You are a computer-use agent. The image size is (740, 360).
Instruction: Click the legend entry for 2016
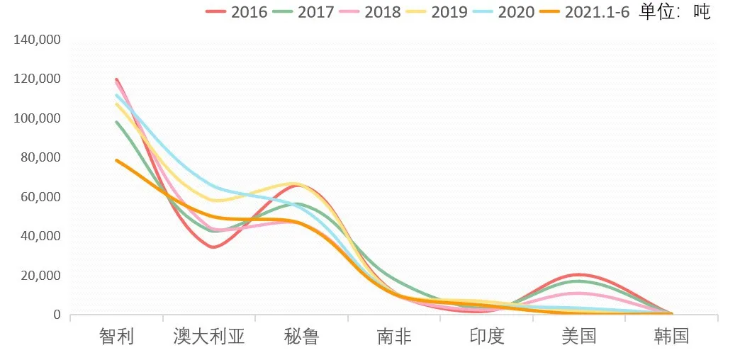[x=249, y=12]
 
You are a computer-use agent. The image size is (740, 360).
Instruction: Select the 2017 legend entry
[x=315, y=12]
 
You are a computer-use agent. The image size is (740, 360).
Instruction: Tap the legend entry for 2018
[x=382, y=12]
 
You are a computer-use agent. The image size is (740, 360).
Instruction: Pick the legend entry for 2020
[x=516, y=12]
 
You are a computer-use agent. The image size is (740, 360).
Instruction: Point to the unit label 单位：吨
[x=674, y=11]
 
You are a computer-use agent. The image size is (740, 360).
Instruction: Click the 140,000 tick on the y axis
[x=37, y=40]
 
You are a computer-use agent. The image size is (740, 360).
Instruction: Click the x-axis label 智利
[x=116, y=336]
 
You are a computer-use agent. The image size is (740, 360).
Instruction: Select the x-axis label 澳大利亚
[x=209, y=336]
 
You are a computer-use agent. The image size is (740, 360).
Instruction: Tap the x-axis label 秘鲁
[x=301, y=336]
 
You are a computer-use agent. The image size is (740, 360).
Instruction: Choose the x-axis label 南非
[x=394, y=336]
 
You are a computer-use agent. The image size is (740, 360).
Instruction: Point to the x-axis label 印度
[x=487, y=336]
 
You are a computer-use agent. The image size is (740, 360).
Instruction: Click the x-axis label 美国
[x=579, y=336]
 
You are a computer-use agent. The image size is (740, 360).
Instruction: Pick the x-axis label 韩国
[x=671, y=336]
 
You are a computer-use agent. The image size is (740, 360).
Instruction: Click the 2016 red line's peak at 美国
[x=579, y=274]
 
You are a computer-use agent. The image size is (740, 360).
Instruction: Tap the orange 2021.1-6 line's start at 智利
[x=116, y=160]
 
